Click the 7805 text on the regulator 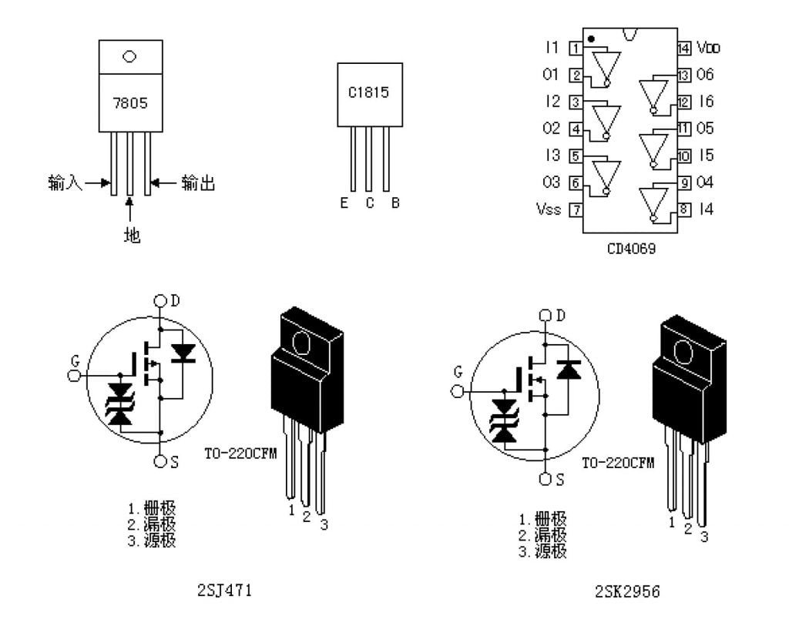coord(129,102)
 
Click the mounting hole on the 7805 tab coord(129,56)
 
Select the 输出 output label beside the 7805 coord(198,183)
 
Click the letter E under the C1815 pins coord(344,203)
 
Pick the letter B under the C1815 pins coord(395,203)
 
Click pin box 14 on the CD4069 coord(683,48)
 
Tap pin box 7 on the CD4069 coord(576,209)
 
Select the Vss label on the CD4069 coord(548,209)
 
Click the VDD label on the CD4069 coord(709,48)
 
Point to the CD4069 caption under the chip coord(630,249)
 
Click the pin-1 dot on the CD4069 coord(590,38)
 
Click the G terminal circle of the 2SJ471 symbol coord(75,375)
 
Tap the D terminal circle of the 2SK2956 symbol coord(545,315)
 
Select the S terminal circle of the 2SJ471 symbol coord(159,460)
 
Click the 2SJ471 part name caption coord(225,591)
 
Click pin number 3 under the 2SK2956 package coord(703,537)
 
